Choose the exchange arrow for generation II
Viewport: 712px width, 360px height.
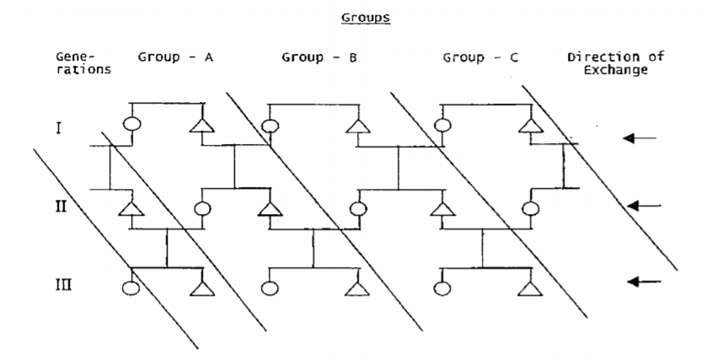tap(643, 205)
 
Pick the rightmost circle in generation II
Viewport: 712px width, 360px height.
tap(530, 207)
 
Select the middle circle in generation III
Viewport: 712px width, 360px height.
tap(270, 287)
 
